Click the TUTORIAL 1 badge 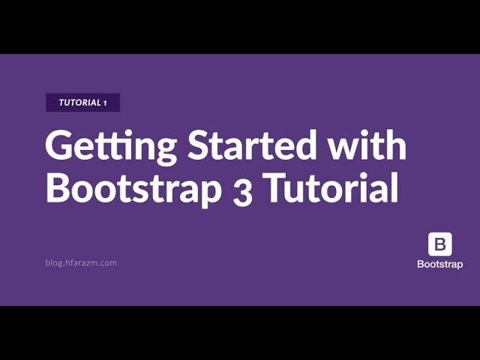click(x=82, y=103)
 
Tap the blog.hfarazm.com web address click(x=81, y=262)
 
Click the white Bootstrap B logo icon click(x=440, y=244)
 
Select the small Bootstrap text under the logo click(x=440, y=264)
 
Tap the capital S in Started click(x=200, y=145)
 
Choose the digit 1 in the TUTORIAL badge click(x=105, y=103)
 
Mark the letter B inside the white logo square click(x=440, y=244)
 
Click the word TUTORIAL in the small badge click(x=79, y=103)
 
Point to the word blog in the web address click(x=53, y=262)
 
